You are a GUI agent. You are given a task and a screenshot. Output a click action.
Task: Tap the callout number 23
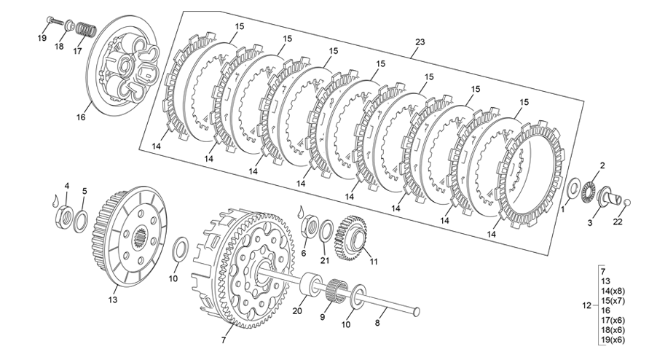tap(419, 43)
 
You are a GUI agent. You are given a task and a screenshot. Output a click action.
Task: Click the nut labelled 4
tap(65, 216)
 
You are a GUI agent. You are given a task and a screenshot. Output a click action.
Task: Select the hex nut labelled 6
tap(307, 225)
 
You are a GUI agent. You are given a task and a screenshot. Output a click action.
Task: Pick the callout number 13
tap(113, 299)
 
